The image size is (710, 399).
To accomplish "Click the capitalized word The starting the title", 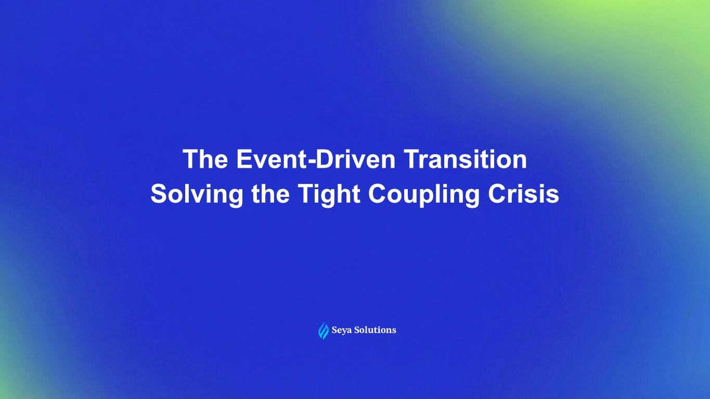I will pyautogui.click(x=204, y=159).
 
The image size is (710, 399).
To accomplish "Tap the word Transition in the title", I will pyautogui.click(x=466, y=159).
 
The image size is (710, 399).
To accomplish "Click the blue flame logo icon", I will pyautogui.click(x=324, y=330).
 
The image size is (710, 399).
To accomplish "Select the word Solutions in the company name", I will pyautogui.click(x=375, y=330).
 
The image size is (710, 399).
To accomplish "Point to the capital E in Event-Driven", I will pyautogui.click(x=244, y=159).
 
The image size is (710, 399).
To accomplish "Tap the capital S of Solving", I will pyautogui.click(x=159, y=195).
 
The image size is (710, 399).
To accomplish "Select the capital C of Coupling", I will pyautogui.click(x=377, y=195).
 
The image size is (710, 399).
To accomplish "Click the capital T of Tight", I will pyautogui.click(x=305, y=195).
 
